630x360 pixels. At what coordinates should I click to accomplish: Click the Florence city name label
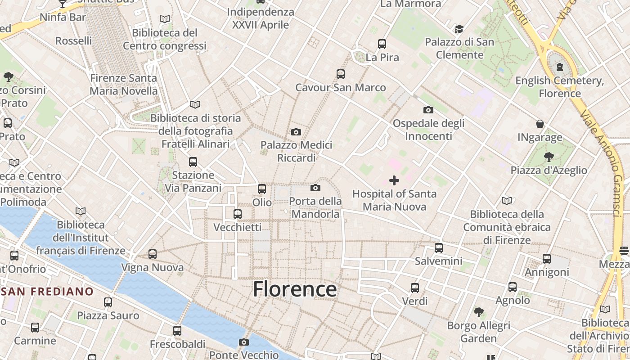(x=295, y=289)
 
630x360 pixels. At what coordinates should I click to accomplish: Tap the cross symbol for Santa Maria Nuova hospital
(x=394, y=180)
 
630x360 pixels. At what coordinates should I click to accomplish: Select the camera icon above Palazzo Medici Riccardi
(x=296, y=132)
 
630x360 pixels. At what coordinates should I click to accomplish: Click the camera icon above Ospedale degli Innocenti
(x=428, y=110)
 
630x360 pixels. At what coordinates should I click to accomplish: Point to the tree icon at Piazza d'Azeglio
(x=549, y=157)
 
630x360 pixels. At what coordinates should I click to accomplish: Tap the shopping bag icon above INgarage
(x=540, y=124)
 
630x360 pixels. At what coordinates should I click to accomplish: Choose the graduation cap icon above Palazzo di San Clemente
(x=459, y=29)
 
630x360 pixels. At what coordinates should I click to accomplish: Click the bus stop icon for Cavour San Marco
(x=341, y=74)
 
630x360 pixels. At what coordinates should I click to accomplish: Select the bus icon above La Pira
(x=382, y=44)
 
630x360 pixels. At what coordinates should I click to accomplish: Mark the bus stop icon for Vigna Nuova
(x=153, y=254)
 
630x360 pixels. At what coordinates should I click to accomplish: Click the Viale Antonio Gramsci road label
(x=605, y=166)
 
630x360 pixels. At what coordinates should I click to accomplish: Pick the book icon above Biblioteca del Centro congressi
(x=165, y=19)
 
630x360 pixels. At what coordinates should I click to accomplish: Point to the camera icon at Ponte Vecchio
(x=243, y=342)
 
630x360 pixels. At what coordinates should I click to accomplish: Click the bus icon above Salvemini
(x=439, y=247)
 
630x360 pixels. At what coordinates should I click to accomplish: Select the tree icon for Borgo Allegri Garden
(x=478, y=312)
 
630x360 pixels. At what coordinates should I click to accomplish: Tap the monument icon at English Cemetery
(x=560, y=67)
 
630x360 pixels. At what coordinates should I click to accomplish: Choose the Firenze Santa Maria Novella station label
(x=124, y=84)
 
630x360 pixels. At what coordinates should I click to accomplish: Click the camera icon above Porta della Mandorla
(x=315, y=188)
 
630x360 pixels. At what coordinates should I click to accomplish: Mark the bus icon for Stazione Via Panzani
(x=193, y=162)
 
